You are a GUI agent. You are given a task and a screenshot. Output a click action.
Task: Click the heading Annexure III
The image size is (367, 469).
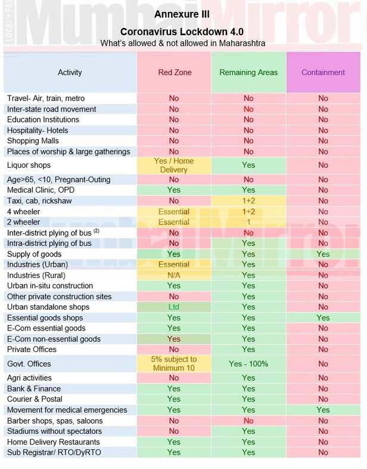(182, 14)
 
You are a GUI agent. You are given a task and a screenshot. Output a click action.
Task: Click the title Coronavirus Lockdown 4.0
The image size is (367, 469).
(182, 32)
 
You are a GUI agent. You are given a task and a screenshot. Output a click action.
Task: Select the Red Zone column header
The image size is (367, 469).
(173, 73)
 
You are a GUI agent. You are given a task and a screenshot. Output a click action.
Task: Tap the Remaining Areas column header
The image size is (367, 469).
(248, 73)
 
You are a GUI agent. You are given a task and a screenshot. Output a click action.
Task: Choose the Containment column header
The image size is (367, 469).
(323, 73)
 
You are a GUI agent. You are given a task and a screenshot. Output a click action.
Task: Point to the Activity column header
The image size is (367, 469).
(70, 73)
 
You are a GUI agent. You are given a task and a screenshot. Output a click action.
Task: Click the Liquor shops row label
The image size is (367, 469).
(29, 165)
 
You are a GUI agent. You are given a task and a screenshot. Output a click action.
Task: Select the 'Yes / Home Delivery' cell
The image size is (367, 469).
(173, 165)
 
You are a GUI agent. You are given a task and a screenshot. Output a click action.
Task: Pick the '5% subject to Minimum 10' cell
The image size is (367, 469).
(173, 363)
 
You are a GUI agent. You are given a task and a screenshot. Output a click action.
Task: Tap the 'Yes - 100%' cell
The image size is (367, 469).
(248, 363)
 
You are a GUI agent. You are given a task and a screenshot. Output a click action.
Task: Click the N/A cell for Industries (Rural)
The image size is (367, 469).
(173, 276)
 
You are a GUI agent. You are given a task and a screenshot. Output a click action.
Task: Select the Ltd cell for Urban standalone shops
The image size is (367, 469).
(173, 307)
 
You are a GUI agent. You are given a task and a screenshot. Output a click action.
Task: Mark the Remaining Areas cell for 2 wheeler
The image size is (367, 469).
(248, 222)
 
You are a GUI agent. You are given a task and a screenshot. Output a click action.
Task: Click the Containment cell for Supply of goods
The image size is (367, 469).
(323, 254)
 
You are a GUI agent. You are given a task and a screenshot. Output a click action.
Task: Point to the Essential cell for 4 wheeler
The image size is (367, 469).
(173, 212)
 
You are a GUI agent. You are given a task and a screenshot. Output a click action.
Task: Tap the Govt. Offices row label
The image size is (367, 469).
(29, 363)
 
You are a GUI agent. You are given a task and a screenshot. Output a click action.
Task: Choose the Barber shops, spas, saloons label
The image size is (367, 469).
(55, 421)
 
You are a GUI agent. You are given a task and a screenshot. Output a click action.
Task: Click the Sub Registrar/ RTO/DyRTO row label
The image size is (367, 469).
(54, 452)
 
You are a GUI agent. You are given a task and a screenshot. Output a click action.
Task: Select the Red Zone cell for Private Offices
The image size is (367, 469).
(173, 350)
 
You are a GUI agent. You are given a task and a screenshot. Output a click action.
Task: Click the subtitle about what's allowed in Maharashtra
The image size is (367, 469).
(182, 43)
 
